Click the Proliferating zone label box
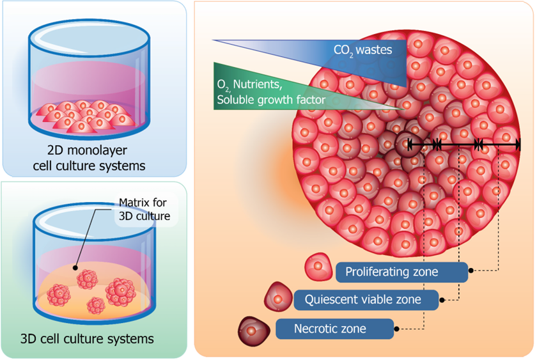pyautogui.click(x=401, y=272)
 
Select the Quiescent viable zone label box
pyautogui.click(x=367, y=299)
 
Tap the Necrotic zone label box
pyautogui.click(x=335, y=329)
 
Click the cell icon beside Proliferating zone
pyautogui.click(x=318, y=266)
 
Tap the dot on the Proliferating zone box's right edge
pyautogui.click(x=471, y=271)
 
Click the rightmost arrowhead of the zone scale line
pyautogui.click(x=516, y=146)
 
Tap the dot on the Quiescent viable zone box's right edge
pyautogui.click(x=441, y=299)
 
